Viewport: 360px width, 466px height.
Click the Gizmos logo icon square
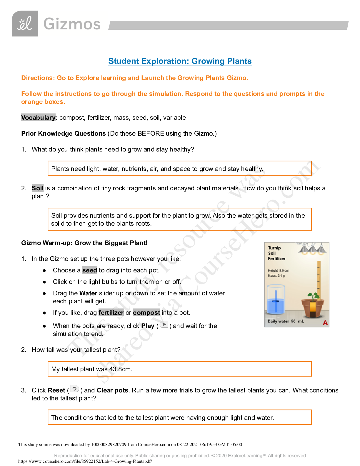(25, 24)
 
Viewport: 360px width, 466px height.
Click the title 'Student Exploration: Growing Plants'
(180, 61)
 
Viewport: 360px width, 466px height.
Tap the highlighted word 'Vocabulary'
(38, 118)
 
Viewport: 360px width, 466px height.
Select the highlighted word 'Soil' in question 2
(38, 188)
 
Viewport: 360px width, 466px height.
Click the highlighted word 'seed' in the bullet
(90, 270)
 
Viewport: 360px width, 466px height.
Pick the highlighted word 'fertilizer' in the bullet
(111, 313)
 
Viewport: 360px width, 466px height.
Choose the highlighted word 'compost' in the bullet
(146, 313)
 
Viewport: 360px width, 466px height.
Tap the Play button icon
(164, 325)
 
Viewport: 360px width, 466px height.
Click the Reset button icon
(75, 389)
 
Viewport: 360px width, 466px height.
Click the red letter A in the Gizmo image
(325, 323)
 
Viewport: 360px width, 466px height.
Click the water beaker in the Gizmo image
(276, 299)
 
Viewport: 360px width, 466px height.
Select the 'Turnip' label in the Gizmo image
(274, 248)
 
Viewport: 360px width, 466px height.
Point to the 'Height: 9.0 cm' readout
(278, 271)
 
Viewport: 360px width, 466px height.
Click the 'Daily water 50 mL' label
(286, 321)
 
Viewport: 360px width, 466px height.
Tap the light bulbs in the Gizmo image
(313, 250)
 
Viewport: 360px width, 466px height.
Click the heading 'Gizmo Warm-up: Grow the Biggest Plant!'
(84, 243)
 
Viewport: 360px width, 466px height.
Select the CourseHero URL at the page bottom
(85, 461)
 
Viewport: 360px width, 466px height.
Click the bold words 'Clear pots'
(112, 390)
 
